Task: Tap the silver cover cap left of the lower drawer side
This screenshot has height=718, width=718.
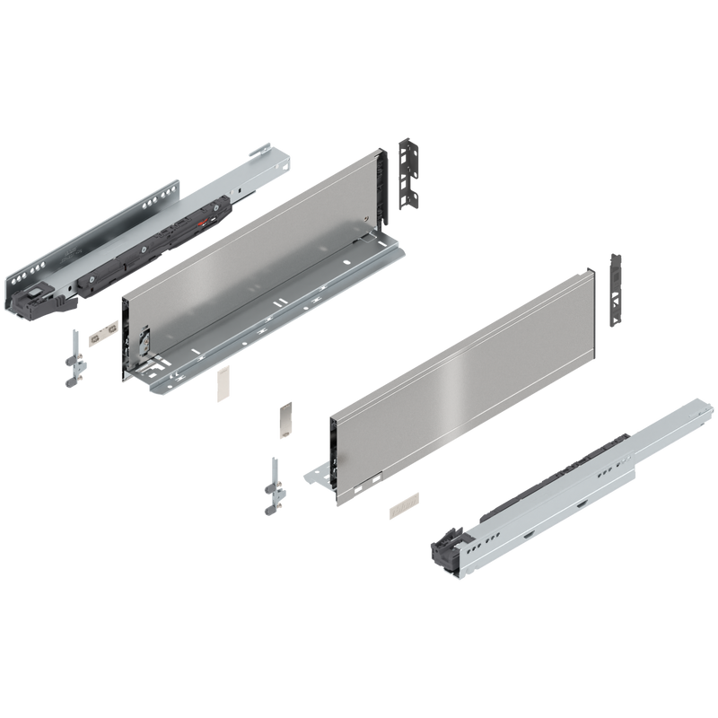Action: [x=284, y=418]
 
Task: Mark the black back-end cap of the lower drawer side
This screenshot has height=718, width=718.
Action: [x=593, y=296]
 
